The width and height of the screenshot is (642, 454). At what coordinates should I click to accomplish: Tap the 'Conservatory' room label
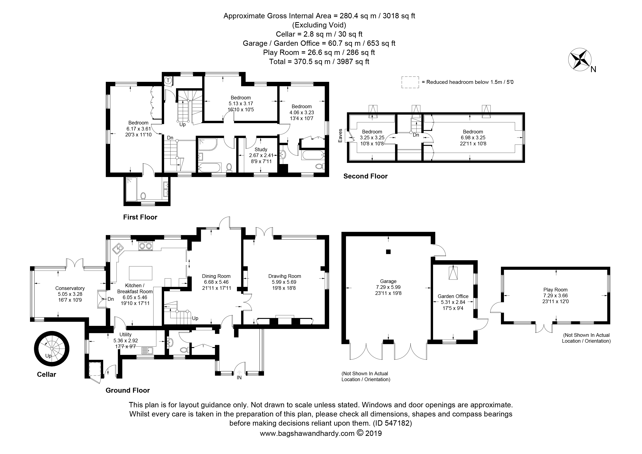70,288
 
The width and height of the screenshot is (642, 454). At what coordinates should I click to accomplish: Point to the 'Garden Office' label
453,296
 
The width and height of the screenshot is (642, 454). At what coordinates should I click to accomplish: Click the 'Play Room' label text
555,290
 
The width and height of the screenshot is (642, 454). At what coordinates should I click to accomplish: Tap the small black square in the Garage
388,252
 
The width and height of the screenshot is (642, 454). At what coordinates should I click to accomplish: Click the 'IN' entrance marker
239,378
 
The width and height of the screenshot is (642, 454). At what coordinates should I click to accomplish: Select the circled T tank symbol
168,81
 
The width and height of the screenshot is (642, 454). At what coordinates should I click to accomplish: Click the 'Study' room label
261,150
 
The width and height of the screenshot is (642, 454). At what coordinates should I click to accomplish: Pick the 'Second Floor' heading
366,176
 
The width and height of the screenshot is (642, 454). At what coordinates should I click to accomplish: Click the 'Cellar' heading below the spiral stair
46,375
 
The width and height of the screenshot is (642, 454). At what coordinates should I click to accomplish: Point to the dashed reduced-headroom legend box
410,82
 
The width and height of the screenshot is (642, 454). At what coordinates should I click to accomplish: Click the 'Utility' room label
125,335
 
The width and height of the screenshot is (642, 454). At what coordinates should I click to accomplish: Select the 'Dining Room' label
216,276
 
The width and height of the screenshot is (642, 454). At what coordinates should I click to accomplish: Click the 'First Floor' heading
140,217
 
